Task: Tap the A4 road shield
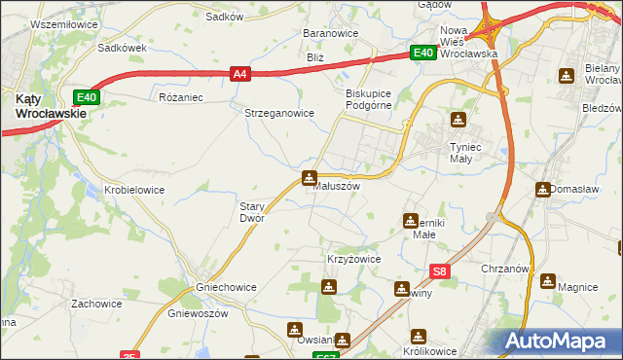240,72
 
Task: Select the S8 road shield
440,273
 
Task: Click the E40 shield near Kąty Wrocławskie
87,96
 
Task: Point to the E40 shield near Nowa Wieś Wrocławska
421,54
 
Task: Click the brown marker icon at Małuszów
310,177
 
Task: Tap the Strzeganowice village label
278,113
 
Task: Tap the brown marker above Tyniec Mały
458,121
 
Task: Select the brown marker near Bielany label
568,76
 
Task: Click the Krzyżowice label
352,260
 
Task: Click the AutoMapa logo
557,342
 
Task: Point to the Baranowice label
331,33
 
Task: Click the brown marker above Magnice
549,282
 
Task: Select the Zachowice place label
96,304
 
